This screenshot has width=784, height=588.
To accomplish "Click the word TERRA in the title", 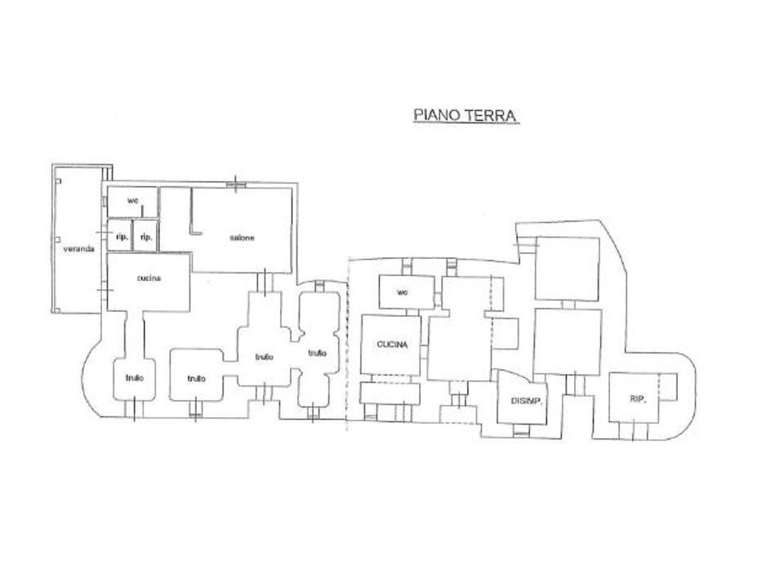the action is point(491,115).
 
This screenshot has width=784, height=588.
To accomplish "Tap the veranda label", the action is point(79,248).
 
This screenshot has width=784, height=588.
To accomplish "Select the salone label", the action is point(242,238).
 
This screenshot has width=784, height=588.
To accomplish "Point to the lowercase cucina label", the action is point(149,278).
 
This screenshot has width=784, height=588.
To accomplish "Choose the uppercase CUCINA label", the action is point(393,345).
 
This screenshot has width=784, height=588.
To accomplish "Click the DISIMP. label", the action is point(527,401).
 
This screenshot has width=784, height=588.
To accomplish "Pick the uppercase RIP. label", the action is point(638,399).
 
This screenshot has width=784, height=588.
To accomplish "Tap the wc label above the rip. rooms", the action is point(132,201).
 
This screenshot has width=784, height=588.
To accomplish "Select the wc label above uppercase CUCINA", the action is point(403,292).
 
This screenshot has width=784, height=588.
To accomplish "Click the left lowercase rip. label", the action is point(122,237).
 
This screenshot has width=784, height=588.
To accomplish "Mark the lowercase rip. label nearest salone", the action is point(146,237).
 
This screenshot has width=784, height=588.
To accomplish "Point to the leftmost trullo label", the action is point(135,378).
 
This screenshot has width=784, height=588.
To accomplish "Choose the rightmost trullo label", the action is point(317,353).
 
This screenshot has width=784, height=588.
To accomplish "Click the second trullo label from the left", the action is point(197,378).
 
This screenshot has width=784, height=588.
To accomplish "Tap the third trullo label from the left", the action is point(264,357).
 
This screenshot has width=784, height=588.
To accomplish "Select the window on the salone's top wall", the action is point(236,185).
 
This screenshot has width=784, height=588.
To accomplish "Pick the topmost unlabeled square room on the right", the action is point(568,269).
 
